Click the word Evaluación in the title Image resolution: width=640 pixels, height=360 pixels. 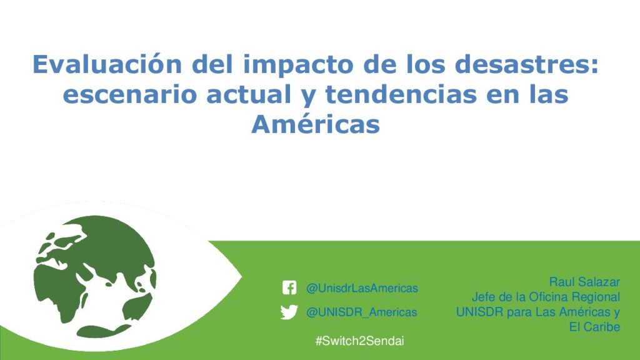107,64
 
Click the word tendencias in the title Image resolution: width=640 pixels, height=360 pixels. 401,94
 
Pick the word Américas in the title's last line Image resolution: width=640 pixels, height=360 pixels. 316,124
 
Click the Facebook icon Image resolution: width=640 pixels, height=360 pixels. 289,287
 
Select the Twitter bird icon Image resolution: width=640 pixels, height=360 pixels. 289,312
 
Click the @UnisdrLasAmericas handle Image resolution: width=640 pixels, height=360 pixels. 362,288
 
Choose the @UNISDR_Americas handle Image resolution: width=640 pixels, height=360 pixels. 362,312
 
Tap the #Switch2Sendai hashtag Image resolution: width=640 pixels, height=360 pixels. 359,341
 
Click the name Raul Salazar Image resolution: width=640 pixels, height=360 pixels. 584,282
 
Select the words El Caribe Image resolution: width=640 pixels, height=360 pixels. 595,327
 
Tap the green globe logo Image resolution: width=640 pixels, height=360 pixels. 95,277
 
